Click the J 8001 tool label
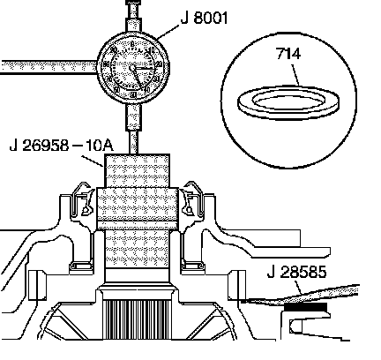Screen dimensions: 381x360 (x=204, y=18)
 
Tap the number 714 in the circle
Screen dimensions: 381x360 (x=288, y=54)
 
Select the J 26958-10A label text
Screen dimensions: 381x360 (x=61, y=145)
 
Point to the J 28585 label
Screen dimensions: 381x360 (x=296, y=272)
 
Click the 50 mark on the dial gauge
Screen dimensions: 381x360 (x=133, y=94)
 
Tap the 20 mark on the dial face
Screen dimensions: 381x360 (x=159, y=64)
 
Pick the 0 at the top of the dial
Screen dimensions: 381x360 (x=132, y=44)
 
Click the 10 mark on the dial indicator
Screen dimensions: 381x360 (x=152, y=50)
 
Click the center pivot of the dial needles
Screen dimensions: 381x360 (x=132, y=68)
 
